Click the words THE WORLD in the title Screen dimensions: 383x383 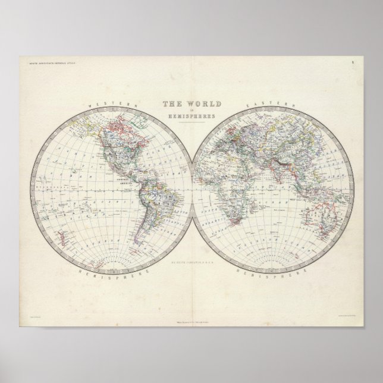tap(191, 103)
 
